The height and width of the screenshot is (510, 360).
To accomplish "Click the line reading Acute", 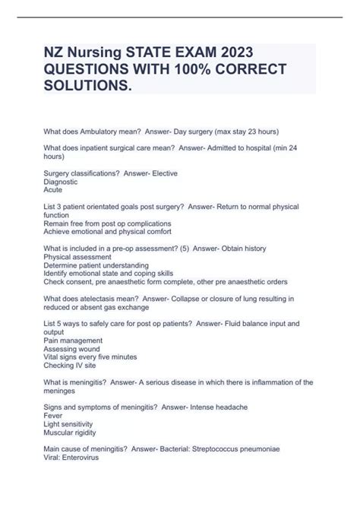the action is [x=53, y=191].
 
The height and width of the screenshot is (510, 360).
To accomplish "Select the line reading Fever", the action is [x=54, y=416].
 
